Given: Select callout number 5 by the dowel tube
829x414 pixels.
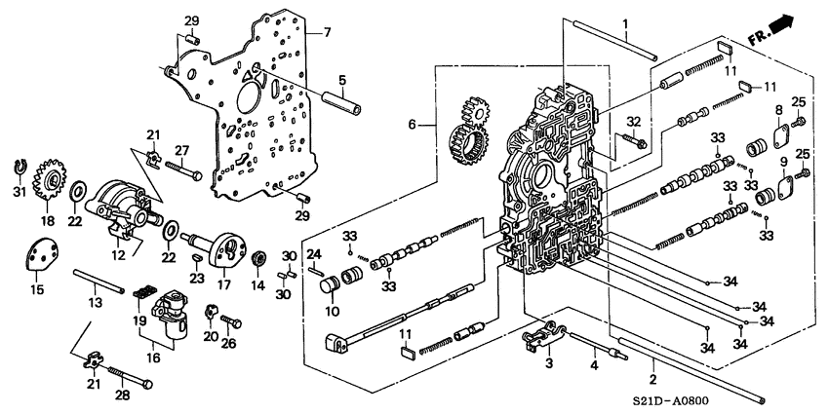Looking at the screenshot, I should (x=341, y=80).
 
